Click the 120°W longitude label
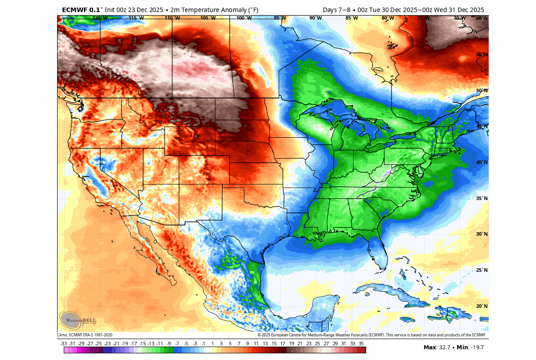pyautogui.click(x=99, y=18)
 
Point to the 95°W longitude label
pyautogui.click(x=280, y=18)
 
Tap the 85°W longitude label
pyautogui.click(x=351, y=18)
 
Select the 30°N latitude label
pyautogui.click(x=482, y=234)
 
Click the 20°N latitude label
pyautogui.click(x=482, y=307)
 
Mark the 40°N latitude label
pyautogui.click(x=482, y=162)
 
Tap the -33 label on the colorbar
pyautogui.click(x=63, y=344)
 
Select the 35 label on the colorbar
pyautogui.click(x=361, y=344)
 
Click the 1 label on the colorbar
pyautogui.click(x=212, y=344)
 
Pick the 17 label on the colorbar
pyautogui.click(x=282, y=344)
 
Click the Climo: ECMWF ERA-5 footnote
pyautogui.click(x=84, y=335)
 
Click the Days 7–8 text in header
pyautogui.click(x=339, y=10)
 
